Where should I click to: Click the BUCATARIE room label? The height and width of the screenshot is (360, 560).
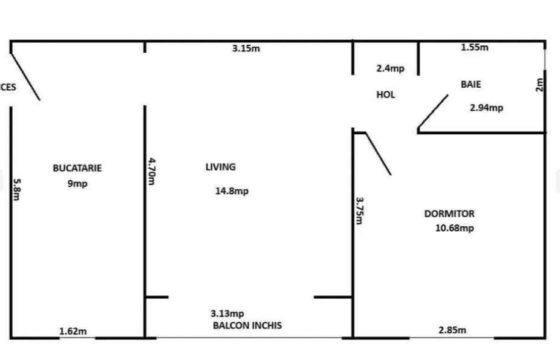(77, 168)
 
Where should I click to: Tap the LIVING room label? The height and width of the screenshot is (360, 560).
(220, 167)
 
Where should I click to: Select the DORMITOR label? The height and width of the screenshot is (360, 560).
(449, 214)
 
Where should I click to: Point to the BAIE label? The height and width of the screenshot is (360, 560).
(470, 84)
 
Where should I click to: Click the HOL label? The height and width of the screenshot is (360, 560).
(386, 94)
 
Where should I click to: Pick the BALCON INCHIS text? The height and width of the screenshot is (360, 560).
(247, 326)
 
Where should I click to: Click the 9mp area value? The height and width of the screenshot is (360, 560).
(77, 183)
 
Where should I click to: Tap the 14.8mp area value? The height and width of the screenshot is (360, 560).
(232, 191)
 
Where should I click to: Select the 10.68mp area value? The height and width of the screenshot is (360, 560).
(454, 228)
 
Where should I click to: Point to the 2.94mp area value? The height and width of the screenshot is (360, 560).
(486, 108)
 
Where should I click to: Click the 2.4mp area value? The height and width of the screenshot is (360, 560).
(390, 68)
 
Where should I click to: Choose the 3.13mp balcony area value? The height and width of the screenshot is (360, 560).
(227, 313)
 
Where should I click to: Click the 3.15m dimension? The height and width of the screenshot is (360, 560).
(246, 48)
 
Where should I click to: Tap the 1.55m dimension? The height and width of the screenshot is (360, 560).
(475, 47)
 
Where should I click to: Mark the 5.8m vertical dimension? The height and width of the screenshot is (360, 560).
(17, 189)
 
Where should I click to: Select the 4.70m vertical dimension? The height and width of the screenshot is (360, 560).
(152, 171)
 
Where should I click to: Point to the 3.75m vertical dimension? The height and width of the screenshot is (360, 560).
(360, 211)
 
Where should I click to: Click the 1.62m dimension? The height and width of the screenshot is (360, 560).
(73, 332)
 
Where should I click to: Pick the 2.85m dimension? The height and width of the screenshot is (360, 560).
(452, 330)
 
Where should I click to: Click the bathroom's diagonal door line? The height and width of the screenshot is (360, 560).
(433, 112)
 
